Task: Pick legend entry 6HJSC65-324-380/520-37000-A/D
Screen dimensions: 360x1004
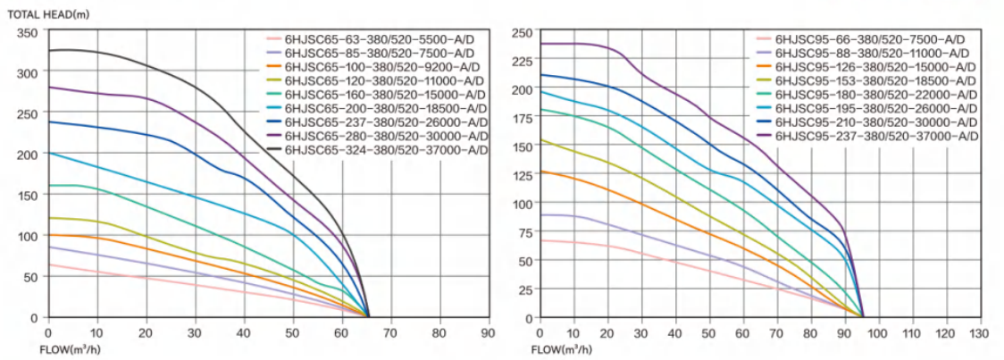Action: pyautogui.click(x=386, y=150)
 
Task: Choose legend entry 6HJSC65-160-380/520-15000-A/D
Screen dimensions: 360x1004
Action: pyautogui.click(x=386, y=95)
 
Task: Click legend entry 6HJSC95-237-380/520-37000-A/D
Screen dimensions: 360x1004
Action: pyautogui.click(x=877, y=136)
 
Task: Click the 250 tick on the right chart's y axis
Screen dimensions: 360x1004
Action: pyautogui.click(x=522, y=33)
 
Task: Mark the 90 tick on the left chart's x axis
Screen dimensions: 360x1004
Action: pyautogui.click(x=486, y=332)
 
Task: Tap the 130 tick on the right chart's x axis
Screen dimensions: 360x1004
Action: pyautogui.click(x=978, y=332)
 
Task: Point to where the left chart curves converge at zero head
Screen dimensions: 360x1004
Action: pyautogui.click(x=368, y=316)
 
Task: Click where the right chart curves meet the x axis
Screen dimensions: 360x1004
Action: pyautogui.click(x=863, y=316)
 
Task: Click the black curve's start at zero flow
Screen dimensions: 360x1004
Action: pyautogui.click(x=49, y=51)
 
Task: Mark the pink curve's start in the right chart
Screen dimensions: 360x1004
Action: pyautogui.click(x=540, y=240)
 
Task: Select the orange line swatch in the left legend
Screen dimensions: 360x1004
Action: pyautogui.click(x=273, y=67)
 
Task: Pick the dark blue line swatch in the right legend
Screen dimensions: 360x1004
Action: pyautogui.click(x=764, y=122)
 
